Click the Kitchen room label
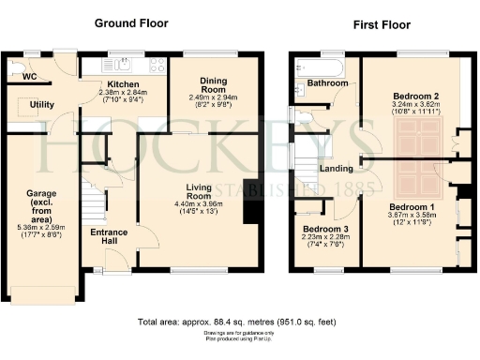pyautogui.click(x=123, y=84)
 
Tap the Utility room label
pyautogui.click(x=40, y=104)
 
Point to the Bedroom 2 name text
pyautogui.click(x=417, y=97)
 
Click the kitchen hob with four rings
pyautogui.click(x=153, y=65)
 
